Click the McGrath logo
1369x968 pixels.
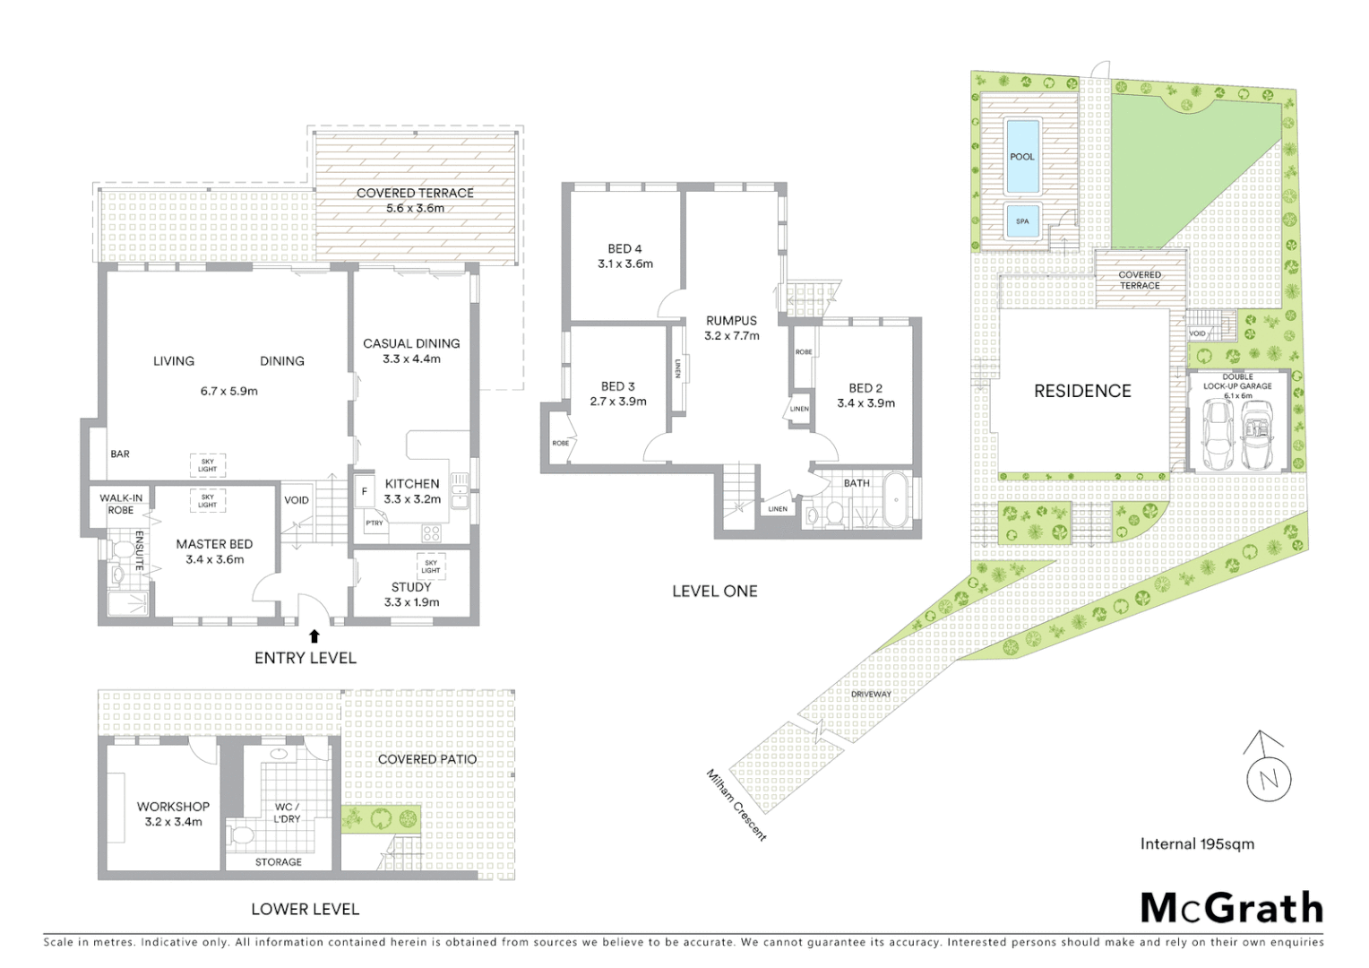[1232, 907]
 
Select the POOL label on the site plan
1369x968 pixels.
[1022, 157]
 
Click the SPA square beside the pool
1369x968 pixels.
[1022, 221]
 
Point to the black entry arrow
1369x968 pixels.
[314, 636]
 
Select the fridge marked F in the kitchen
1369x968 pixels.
[364, 491]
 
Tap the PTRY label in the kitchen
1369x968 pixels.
[375, 523]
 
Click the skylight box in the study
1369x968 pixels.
[431, 566]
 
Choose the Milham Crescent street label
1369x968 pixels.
[736, 804]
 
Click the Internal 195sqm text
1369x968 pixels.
[1197, 843]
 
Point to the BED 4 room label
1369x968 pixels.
[624, 249]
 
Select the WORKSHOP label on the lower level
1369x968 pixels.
[173, 807]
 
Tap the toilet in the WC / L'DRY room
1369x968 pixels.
[239, 836]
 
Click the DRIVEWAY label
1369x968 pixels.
[871, 694]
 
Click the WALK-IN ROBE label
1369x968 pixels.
[120, 504]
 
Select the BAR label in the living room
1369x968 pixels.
[120, 454]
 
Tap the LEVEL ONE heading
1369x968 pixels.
[714, 592]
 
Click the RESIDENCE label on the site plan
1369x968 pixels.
[1082, 391]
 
